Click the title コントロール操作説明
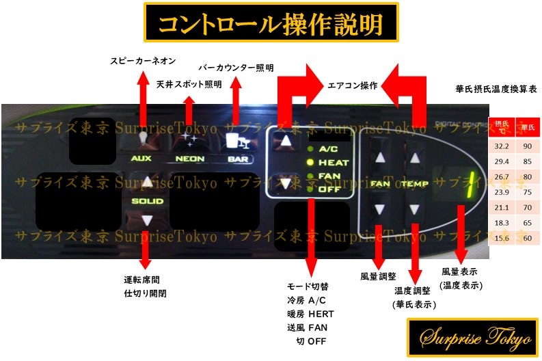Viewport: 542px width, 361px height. coord(271,25)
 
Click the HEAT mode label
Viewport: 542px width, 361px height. coord(333,163)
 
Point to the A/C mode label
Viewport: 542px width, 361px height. coord(333,149)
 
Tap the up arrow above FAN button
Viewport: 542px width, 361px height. coord(381,158)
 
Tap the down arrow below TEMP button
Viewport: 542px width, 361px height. coord(415,209)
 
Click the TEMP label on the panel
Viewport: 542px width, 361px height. coord(414,184)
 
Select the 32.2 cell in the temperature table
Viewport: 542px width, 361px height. coord(501,146)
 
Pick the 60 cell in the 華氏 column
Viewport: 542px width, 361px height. coord(527,238)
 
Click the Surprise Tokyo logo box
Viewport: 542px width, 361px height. coord(469,336)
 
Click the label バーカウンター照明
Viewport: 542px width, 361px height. coord(236,68)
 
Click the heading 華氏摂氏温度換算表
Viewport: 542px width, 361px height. coord(495,89)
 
